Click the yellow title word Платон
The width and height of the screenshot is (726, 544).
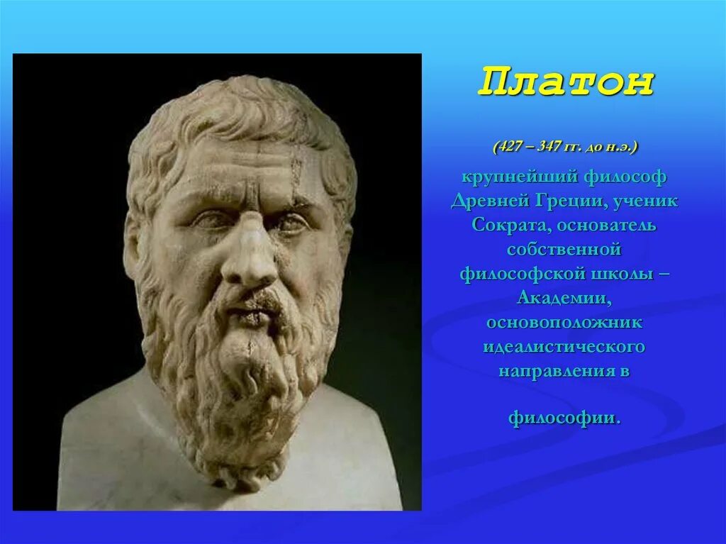coord(565,83)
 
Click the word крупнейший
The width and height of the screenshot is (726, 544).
coord(516,176)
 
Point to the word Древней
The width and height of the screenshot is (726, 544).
coord(488,201)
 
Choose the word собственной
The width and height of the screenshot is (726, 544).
coord(564,250)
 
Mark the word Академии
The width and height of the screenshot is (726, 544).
coord(564,298)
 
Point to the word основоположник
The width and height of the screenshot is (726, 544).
coord(564,323)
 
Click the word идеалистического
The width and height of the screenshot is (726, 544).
coord(564,347)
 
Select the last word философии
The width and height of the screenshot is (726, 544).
coord(564,417)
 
